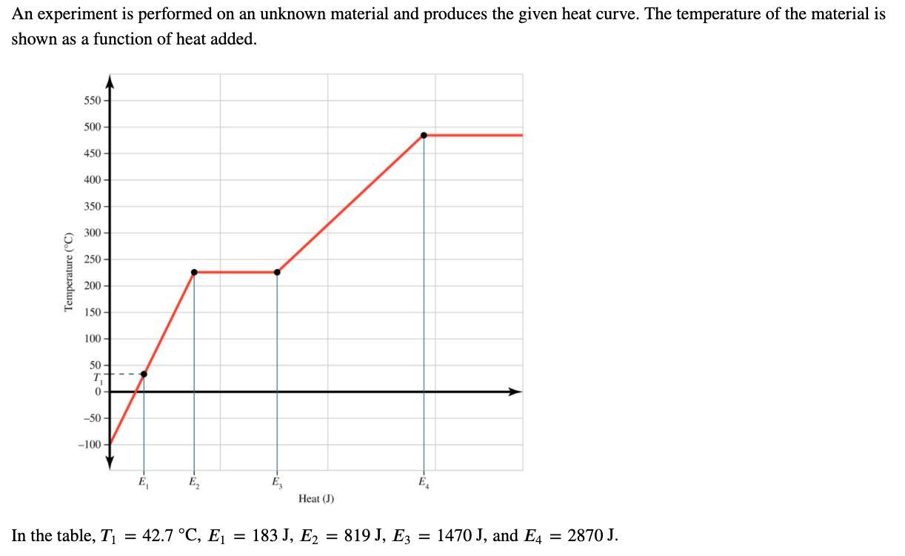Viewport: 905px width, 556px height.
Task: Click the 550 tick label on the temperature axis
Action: (x=93, y=100)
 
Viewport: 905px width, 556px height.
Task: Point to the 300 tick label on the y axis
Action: (x=93, y=233)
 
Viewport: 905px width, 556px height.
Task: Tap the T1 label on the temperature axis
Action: (x=96, y=378)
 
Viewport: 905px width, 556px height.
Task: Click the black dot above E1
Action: (x=144, y=374)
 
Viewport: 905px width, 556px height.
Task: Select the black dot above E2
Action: (x=194, y=272)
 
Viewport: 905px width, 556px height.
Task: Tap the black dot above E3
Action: (x=277, y=272)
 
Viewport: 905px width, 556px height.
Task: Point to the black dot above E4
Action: (x=424, y=135)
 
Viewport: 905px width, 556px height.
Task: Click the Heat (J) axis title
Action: (x=316, y=499)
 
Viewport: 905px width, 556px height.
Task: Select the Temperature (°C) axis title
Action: (x=69, y=272)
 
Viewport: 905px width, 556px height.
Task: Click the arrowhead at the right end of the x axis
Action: (x=515, y=391)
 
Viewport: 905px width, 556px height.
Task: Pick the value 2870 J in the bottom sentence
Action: (x=587, y=535)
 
